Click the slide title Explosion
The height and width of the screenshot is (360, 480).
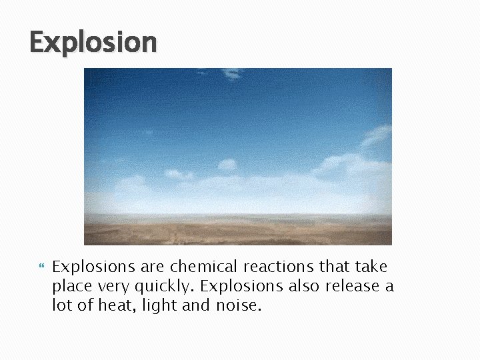(93, 42)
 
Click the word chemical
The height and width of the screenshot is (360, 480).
(204, 267)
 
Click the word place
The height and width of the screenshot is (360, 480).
(71, 287)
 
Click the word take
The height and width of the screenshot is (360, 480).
(371, 267)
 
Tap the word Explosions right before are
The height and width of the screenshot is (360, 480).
(94, 267)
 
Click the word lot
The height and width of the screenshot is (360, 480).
(62, 305)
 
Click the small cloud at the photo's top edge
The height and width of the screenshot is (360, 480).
(231, 73)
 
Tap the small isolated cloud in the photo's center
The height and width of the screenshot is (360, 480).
(227, 164)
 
